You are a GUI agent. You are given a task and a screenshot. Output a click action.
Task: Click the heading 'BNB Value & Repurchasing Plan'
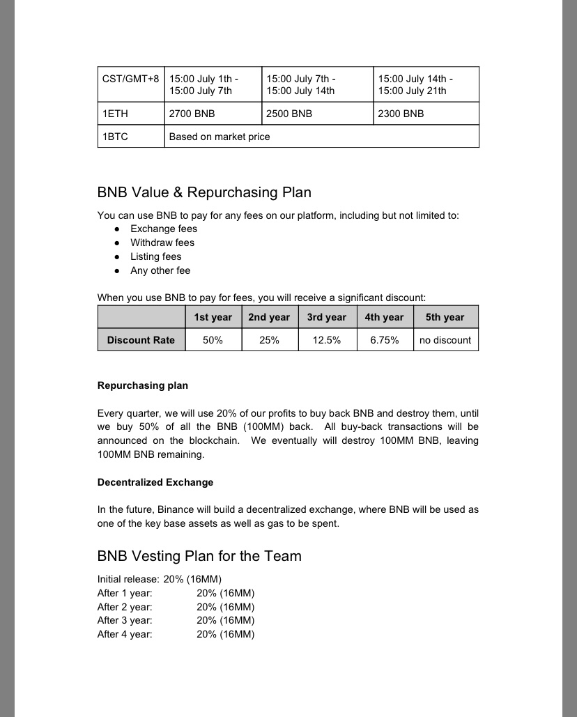click(x=204, y=192)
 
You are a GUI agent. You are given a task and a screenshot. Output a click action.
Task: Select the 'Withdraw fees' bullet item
click(x=162, y=242)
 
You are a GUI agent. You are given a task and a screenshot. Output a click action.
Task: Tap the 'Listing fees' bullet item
click(x=156, y=256)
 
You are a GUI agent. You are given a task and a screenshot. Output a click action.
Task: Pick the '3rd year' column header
click(x=327, y=317)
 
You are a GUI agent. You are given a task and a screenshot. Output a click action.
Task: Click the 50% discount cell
click(x=213, y=340)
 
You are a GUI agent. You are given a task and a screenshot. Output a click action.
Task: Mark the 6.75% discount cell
click(x=384, y=340)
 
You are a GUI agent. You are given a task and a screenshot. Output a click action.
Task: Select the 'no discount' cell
click(x=445, y=340)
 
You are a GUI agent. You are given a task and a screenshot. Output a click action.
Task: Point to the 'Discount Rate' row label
click(x=141, y=340)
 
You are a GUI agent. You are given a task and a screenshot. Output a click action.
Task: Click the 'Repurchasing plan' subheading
click(x=143, y=385)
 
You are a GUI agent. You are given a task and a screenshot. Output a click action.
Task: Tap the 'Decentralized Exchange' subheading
click(x=155, y=482)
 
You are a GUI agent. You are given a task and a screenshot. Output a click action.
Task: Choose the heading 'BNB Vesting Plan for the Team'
click(x=199, y=556)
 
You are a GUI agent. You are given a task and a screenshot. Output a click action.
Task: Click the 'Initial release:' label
click(x=128, y=579)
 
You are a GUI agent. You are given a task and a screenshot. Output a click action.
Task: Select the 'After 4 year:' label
click(x=125, y=634)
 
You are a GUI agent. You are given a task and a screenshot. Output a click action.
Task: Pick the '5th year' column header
click(x=445, y=317)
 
